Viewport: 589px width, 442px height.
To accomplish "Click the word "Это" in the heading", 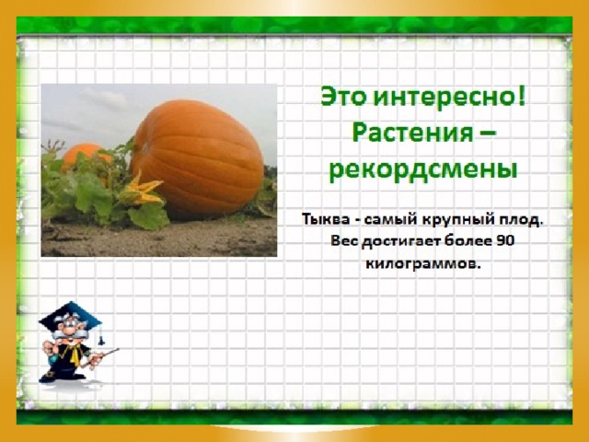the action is (x=343, y=97).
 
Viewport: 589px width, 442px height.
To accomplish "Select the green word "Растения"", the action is (x=413, y=134).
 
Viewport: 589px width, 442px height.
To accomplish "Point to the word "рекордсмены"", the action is (x=423, y=170).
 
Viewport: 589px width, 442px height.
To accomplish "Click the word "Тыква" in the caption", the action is (x=326, y=219).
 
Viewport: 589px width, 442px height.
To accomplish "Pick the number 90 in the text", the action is (x=505, y=240).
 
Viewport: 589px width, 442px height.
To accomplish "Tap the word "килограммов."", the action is (x=423, y=263).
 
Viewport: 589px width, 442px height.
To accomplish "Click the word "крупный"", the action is (x=458, y=220).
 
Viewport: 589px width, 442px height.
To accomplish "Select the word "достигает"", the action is (x=400, y=241).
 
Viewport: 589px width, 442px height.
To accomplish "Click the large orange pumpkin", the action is (x=197, y=157).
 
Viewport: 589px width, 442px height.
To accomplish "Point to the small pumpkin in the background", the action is (x=85, y=156).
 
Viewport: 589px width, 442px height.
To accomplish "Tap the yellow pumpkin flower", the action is (x=142, y=190).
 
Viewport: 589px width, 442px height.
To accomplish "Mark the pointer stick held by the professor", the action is (x=99, y=357).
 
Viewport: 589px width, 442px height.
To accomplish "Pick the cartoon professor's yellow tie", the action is (x=72, y=354).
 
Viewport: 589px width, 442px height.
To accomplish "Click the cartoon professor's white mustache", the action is (x=72, y=334).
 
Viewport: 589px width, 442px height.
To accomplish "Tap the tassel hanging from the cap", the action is (x=100, y=336).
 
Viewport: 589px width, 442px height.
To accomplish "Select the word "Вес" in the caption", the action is (x=344, y=240).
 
